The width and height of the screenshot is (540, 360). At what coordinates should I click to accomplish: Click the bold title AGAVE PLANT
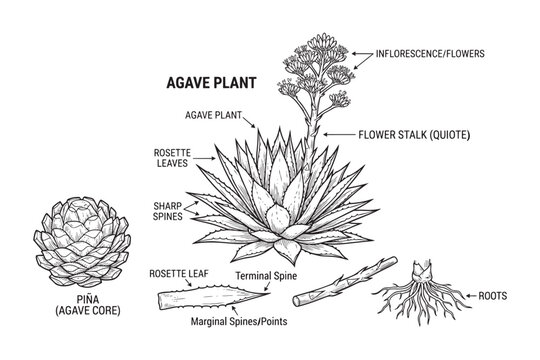(x=208, y=86)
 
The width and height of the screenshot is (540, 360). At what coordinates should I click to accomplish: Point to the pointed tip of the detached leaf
(x=267, y=290)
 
